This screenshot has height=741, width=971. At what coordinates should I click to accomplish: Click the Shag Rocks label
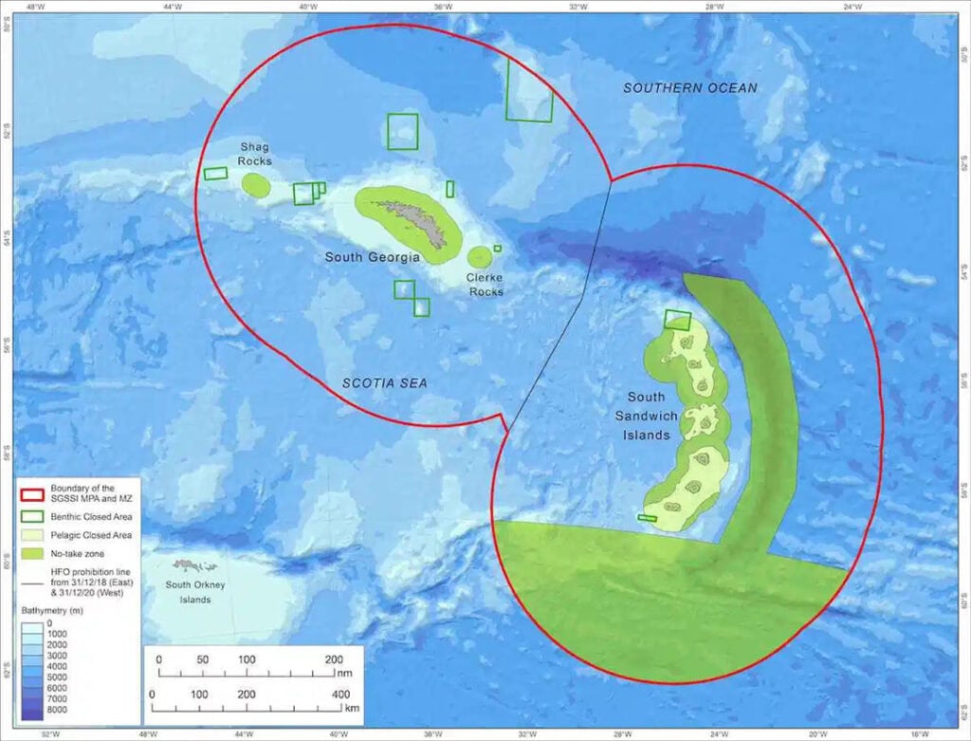[255, 154]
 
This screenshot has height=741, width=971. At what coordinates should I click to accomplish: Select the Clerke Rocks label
[485, 285]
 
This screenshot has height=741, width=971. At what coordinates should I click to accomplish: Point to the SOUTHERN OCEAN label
[689, 88]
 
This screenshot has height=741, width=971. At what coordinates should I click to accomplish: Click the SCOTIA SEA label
[384, 383]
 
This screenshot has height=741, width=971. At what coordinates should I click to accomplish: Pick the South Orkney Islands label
[195, 592]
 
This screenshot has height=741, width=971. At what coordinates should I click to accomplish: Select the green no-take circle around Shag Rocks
[256, 184]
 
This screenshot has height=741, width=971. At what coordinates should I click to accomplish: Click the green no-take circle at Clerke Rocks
[480, 256]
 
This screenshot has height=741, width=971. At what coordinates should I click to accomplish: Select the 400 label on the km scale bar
[338, 695]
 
